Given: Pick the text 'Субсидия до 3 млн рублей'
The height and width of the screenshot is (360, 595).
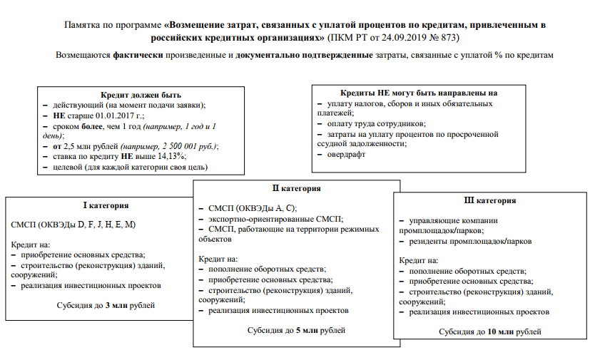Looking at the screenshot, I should [106, 305].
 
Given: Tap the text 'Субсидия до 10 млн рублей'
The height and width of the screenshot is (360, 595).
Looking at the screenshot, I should [489, 331].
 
